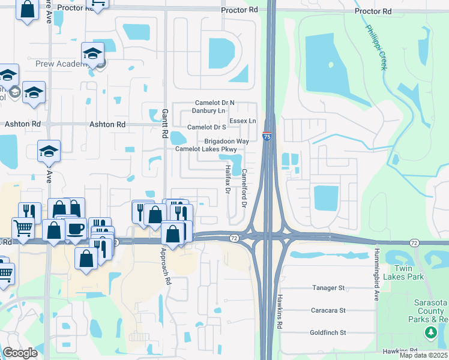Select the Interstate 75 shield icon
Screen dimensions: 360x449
(267, 137)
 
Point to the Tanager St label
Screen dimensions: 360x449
(328, 288)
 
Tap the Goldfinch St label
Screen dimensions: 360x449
(328, 332)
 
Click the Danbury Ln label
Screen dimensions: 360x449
(208, 110)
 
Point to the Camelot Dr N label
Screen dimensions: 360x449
(214, 103)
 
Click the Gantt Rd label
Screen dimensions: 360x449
(164, 124)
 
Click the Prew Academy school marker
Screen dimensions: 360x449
(93, 55)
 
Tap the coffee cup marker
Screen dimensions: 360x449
(76, 229)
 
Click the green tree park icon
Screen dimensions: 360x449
(430, 332)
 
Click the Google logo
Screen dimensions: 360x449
(20, 353)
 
